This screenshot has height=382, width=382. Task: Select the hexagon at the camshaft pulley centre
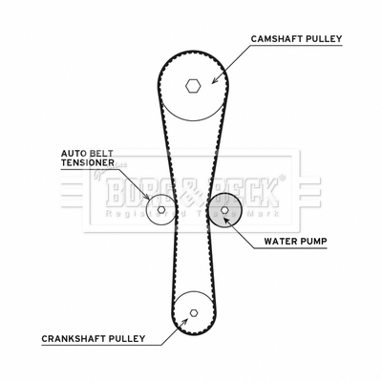click(193, 86)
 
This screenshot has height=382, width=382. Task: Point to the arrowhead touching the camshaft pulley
click(215, 80)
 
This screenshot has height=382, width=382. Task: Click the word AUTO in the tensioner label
click(73, 154)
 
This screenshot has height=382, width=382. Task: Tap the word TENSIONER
click(88, 162)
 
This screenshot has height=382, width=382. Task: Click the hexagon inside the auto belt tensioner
click(161, 209)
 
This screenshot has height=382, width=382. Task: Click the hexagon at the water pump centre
click(224, 210)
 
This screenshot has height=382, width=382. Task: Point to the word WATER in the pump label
click(280, 242)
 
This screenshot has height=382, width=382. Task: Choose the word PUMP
click(313, 242)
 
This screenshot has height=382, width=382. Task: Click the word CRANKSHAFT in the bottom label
click(73, 338)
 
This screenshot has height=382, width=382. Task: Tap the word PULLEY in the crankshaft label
click(126, 338)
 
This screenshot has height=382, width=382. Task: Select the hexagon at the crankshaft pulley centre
click(193, 313)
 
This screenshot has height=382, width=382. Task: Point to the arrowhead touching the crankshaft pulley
click(183, 321)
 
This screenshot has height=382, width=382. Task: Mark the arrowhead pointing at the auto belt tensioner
click(146, 197)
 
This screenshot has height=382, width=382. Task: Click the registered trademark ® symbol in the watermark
click(282, 178)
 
